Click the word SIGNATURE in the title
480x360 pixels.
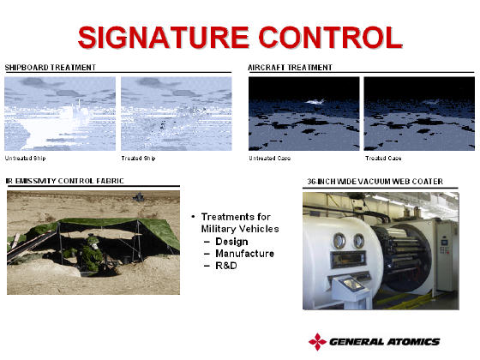coord(164,38)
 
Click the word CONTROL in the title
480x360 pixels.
coord(331,38)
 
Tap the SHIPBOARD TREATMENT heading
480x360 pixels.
coord(51,68)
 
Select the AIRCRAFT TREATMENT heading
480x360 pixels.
coord(291,68)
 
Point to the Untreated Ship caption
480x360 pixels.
coord(26,159)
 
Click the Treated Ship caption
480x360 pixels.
coord(138,159)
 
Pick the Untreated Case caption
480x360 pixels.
coord(270,159)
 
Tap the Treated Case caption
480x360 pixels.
coord(383,159)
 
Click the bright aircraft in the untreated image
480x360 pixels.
coord(315,102)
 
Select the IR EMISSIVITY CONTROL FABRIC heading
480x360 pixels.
coord(65,181)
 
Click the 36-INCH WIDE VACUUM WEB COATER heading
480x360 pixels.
coord(375,182)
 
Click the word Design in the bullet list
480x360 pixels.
coord(231,242)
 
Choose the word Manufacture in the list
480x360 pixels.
coord(245,254)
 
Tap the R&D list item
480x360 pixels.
coord(226,266)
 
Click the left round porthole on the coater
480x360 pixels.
coord(339,240)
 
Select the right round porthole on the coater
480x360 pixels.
coord(358,241)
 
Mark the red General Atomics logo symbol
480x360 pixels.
coord(317,342)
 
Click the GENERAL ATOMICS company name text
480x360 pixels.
coord(385,342)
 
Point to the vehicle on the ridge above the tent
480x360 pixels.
coord(139,197)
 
